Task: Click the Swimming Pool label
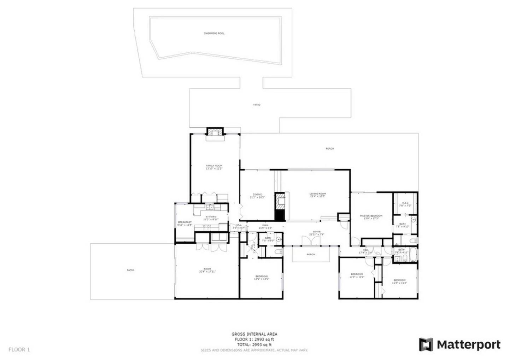tap(214, 34)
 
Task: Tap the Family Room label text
tap(214, 167)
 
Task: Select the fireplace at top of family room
tap(215, 132)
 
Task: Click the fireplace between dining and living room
tap(280, 207)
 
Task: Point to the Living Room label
tap(317, 195)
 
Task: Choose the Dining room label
tap(257, 196)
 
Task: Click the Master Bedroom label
tap(371, 217)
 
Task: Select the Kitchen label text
tap(211, 218)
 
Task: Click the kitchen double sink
tap(210, 208)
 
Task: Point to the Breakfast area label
tap(185, 223)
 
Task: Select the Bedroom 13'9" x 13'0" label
tap(261, 277)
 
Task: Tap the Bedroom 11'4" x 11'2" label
tap(399, 281)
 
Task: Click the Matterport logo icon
tap(426, 344)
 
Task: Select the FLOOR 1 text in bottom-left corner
tap(19, 349)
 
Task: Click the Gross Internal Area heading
tap(254, 334)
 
